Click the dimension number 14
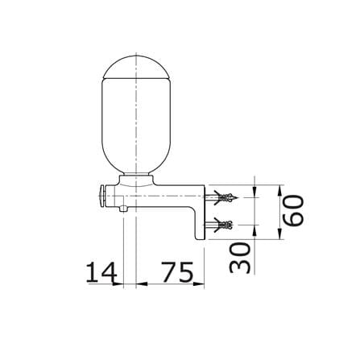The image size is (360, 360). (x=101, y=271)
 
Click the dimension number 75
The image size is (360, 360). (x=177, y=271)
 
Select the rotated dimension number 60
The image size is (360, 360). (x=294, y=211)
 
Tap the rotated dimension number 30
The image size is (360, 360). (x=240, y=258)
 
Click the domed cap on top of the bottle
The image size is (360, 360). (x=136, y=67)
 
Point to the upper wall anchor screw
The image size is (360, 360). (x=221, y=197)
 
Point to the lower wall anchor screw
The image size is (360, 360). (x=219, y=225)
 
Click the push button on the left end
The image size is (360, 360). (x=102, y=196)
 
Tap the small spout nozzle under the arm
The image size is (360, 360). (x=123, y=209)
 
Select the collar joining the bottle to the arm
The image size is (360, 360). (x=136, y=180)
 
